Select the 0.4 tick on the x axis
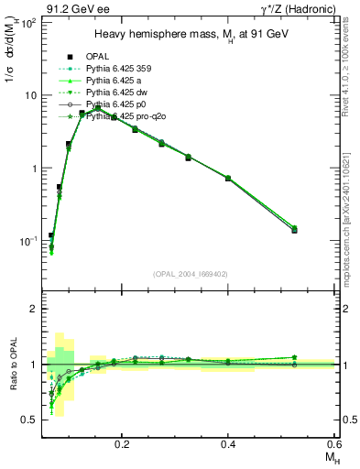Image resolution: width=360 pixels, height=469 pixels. click(228, 442)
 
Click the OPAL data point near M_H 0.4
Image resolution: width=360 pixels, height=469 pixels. click(228, 178)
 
